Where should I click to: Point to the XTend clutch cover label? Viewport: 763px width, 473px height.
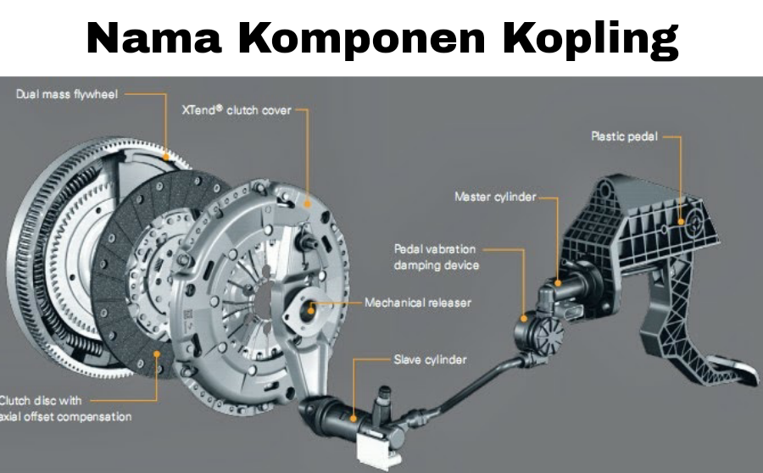pyautogui.click(x=236, y=110)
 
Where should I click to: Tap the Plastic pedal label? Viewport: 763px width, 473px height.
pyautogui.click(x=624, y=136)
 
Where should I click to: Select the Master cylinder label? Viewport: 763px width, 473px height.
pyautogui.click(x=495, y=197)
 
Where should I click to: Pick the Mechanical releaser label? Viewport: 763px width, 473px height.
pyautogui.click(x=418, y=302)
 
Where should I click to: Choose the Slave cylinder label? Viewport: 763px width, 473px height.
pyautogui.click(x=430, y=359)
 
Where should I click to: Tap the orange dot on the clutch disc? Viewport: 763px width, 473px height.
pyautogui.click(x=156, y=352)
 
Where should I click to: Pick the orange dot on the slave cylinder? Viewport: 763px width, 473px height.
pyautogui.click(x=354, y=416)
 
